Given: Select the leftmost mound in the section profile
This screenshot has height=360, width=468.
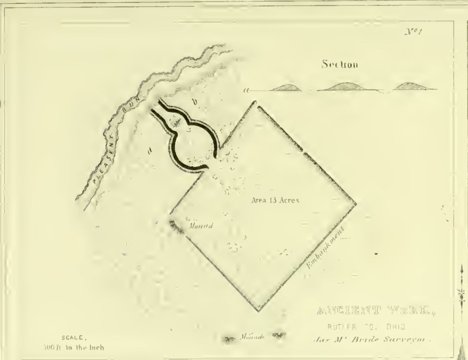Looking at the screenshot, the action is tap(285, 88).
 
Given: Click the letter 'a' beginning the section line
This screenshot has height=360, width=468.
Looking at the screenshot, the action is tap(247, 91).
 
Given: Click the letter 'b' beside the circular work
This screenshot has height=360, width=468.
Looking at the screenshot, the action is tap(195, 102).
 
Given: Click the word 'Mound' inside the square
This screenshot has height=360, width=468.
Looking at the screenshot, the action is tap(202, 226).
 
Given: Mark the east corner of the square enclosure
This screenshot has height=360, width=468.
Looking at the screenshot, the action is tap(356, 204).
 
